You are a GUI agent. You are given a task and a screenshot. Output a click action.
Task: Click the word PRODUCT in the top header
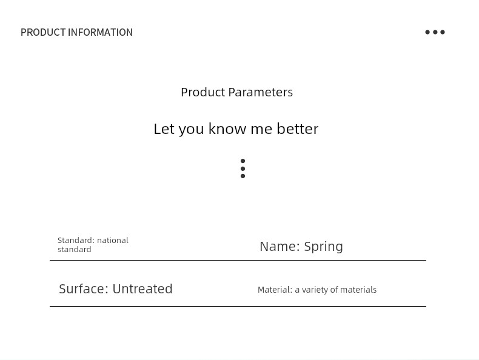coord(43,32)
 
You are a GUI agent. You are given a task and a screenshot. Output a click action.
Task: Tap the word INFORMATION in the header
coord(100,32)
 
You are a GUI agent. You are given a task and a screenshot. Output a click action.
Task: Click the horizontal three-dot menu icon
coord(435,32)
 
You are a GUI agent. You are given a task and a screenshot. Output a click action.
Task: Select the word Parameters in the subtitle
coord(261,92)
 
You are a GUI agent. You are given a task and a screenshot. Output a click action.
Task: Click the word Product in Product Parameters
coord(203,92)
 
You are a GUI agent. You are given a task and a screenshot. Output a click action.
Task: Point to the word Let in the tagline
coord(164,128)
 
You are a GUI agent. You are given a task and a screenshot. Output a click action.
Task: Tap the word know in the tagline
coord(227,128)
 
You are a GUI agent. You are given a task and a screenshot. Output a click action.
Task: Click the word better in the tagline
coord(298,128)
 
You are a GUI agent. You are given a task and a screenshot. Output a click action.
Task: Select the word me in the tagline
coord(261,130)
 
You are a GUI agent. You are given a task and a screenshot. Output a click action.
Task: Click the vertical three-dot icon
coord(243,168)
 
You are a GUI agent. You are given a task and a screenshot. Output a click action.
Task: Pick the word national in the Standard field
coord(113,241)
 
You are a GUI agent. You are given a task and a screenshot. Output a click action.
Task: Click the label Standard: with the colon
coord(76,241)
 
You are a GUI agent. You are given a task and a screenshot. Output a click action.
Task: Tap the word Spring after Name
coord(324,247)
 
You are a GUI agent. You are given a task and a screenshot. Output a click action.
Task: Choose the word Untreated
coord(142,288)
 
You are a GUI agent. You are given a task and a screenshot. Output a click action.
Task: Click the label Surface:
coord(84,288)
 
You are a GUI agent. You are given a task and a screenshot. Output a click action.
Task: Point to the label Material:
coord(275,290)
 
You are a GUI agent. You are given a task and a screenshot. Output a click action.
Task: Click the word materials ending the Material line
coord(358,290)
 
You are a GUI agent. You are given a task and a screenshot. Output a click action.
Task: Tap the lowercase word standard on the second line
coord(75,250)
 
